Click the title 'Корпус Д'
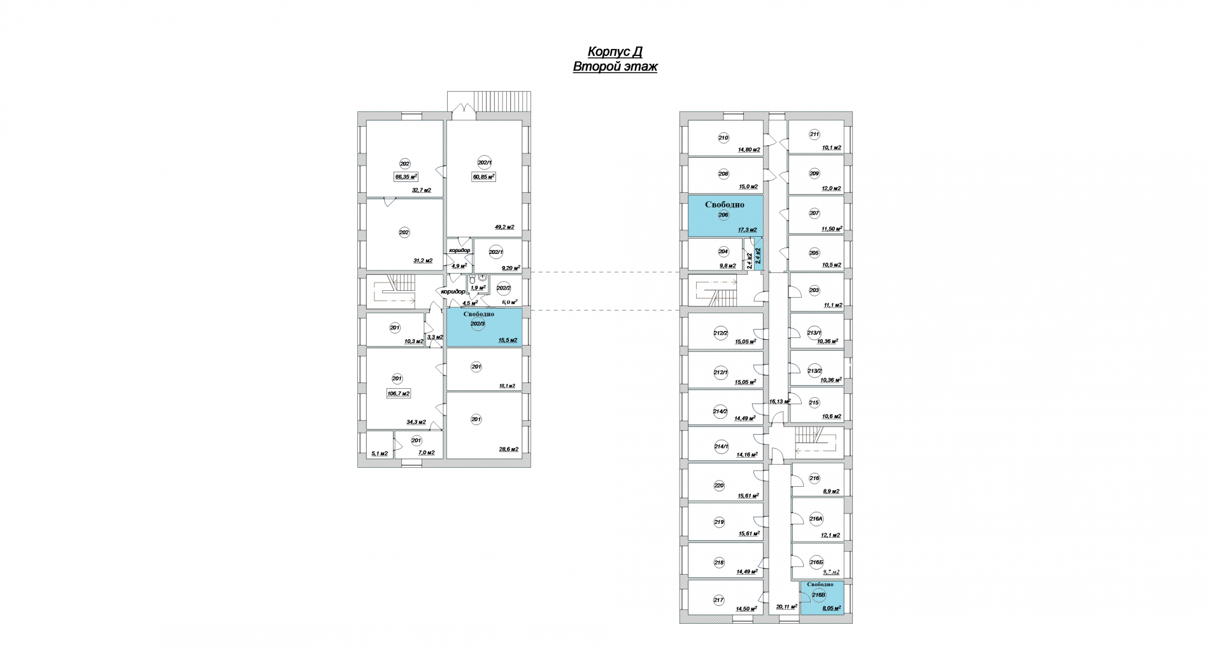615,52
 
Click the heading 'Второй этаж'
615,67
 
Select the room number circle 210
723,137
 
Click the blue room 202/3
483,327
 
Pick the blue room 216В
822,598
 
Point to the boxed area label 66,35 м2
406,177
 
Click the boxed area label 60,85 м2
483,177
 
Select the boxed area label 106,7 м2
399,394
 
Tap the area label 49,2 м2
504,227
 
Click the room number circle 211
815,134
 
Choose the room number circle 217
719,600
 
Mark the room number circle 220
719,486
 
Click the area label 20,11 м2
786,607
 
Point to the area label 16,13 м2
779,402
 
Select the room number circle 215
815,402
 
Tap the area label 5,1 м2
380,453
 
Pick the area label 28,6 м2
508,449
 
